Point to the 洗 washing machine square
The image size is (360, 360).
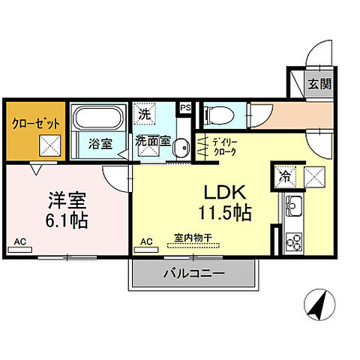tap(144, 115)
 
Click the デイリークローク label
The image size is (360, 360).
tap(223, 146)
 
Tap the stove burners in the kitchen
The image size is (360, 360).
tap(294, 241)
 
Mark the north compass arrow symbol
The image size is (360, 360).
tap(319, 304)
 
